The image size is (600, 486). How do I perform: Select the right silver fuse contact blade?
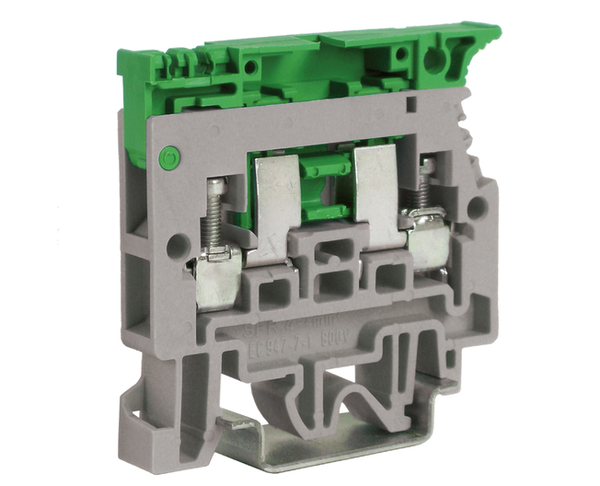pyautogui.click(x=376, y=193)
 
